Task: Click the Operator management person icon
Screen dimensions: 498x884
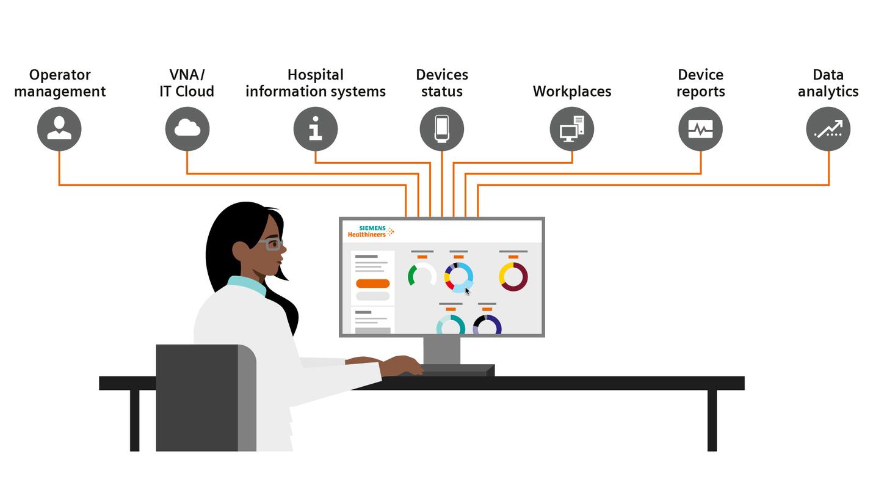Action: [59, 129]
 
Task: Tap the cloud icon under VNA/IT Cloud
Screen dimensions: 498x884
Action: [187, 129]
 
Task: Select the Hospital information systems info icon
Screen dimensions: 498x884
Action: [316, 129]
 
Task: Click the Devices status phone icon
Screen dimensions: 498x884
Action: [441, 129]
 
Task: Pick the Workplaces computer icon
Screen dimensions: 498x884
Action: [572, 129]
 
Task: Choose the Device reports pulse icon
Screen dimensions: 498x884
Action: [700, 129]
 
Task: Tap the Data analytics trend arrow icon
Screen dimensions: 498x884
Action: [828, 129]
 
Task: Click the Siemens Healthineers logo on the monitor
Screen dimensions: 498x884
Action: [371, 232]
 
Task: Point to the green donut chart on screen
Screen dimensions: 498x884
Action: [421, 276]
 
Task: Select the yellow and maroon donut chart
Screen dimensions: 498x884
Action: [513, 277]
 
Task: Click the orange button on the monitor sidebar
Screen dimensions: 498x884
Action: [372, 284]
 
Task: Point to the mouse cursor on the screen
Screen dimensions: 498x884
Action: [467, 291]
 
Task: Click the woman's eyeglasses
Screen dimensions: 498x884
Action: [272, 245]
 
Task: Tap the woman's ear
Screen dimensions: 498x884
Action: [240, 251]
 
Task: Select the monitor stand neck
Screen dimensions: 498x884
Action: [441, 350]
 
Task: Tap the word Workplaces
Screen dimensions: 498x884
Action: [572, 92]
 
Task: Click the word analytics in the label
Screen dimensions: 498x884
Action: [828, 92]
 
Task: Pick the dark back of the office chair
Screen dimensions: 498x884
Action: [197, 397]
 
